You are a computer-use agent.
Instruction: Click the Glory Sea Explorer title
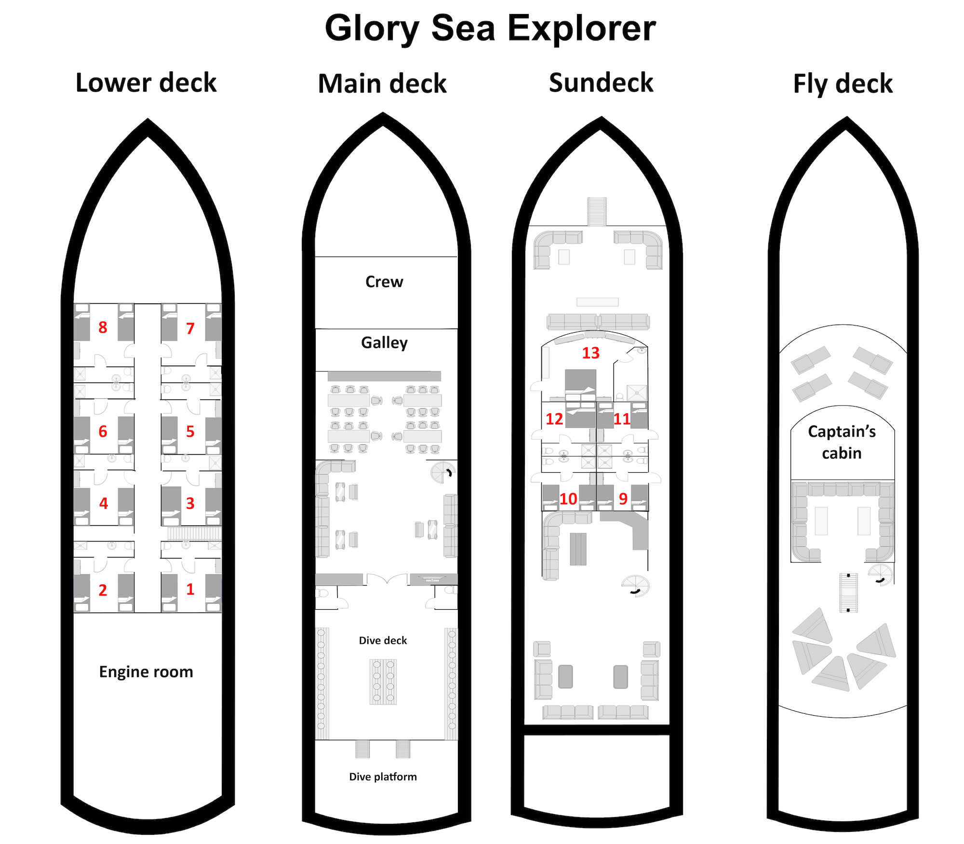point(490,28)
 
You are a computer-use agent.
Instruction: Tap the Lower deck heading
point(146,82)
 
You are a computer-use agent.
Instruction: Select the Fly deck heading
point(843,83)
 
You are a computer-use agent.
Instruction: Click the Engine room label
point(146,671)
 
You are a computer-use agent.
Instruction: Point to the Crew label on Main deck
point(384,282)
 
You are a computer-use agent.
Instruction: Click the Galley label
point(384,342)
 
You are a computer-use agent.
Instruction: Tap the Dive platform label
point(383,776)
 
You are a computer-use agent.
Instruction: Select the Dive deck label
point(383,640)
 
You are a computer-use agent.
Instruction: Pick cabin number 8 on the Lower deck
point(103,327)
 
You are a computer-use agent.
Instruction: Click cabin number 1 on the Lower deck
point(190,589)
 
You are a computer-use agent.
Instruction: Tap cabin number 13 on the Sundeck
point(590,353)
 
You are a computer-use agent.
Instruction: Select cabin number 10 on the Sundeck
point(568,499)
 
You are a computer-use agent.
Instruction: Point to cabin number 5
point(190,431)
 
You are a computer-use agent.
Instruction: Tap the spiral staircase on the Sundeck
point(635,586)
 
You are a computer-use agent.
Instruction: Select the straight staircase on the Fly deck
point(848,592)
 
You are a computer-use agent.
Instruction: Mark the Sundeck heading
point(601,82)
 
